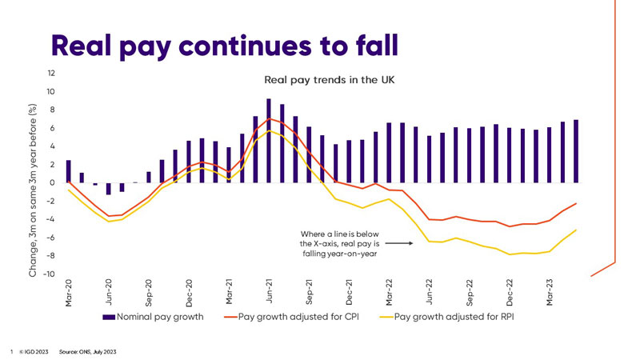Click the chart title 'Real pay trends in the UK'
click(329, 81)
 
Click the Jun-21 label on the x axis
click(269, 294)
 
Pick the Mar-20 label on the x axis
click(69, 294)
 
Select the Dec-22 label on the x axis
click(509, 294)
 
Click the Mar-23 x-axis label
click(549, 294)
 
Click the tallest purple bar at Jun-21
click(269, 141)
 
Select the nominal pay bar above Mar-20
click(69, 171)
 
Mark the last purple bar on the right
click(575, 151)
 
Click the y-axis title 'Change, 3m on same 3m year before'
click(34, 190)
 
